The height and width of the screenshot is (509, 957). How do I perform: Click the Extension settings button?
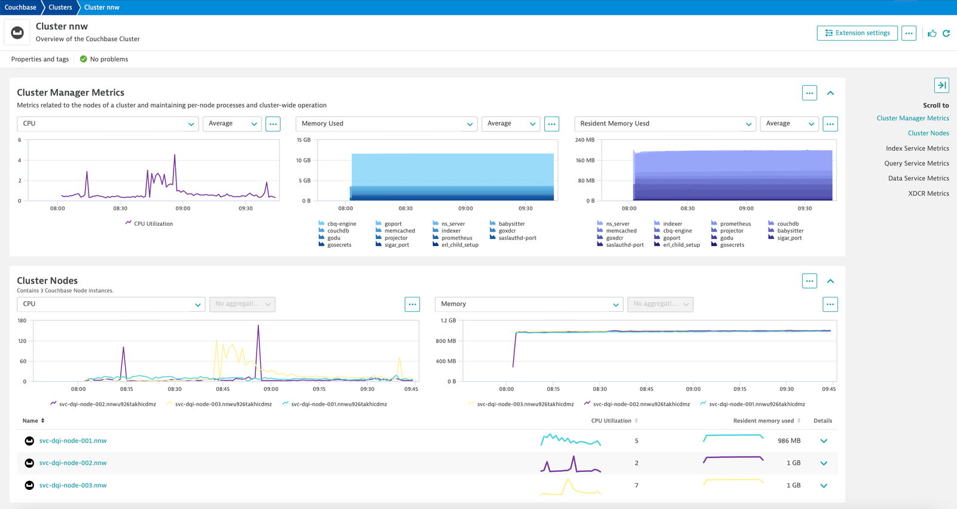tap(857, 33)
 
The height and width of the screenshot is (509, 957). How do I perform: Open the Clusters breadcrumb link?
tap(60, 7)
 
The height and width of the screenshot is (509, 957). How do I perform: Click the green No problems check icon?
tap(83, 59)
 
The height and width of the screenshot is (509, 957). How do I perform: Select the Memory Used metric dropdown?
tap(386, 124)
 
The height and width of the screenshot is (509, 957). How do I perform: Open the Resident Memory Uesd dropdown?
tap(665, 124)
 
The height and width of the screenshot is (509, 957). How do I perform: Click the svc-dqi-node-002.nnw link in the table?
tap(73, 463)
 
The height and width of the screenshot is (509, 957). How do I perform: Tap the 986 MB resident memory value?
tap(789, 441)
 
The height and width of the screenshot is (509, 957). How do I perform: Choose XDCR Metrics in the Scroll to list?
tap(928, 194)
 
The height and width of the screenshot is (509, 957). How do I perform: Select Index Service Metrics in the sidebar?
tap(918, 148)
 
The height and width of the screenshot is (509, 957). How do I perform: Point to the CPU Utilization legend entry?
tap(149, 223)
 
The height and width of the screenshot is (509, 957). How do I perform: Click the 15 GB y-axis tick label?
tap(304, 140)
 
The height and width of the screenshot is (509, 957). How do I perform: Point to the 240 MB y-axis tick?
tap(584, 140)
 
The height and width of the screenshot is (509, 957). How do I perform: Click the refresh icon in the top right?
tap(946, 33)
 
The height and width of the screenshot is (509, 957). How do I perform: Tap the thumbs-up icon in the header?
tap(932, 33)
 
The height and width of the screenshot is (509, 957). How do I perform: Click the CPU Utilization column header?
tap(611, 421)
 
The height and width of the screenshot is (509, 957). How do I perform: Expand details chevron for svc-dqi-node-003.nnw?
tap(824, 486)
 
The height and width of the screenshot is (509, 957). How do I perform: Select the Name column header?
tap(31, 421)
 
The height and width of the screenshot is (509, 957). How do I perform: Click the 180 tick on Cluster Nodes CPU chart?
tap(22, 320)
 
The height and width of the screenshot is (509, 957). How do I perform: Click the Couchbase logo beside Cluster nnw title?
tap(17, 32)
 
